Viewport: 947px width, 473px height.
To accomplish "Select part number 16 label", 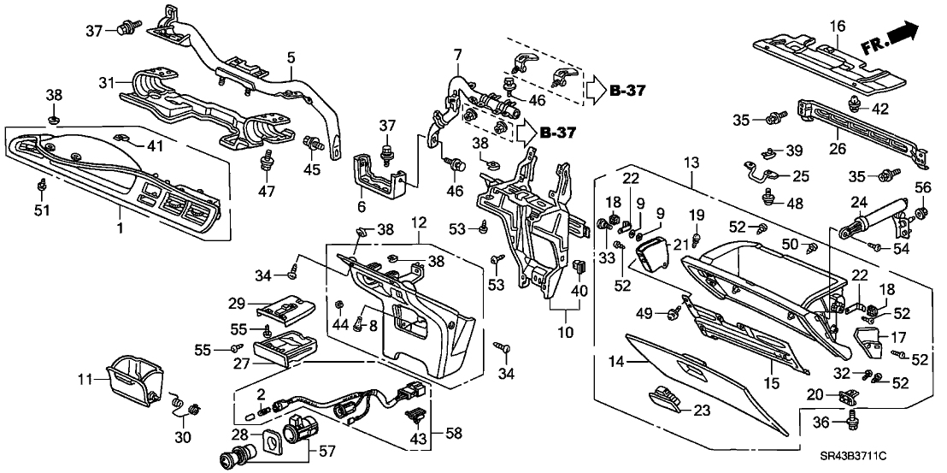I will pyautogui.click(x=835, y=26).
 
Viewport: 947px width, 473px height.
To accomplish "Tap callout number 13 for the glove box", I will pyautogui.click(x=691, y=163).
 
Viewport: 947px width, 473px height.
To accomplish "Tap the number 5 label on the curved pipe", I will pyautogui.click(x=291, y=58).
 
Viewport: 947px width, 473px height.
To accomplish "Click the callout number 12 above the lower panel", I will pyautogui.click(x=418, y=224).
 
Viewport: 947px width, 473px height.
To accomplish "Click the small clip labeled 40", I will pyautogui.click(x=580, y=267).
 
